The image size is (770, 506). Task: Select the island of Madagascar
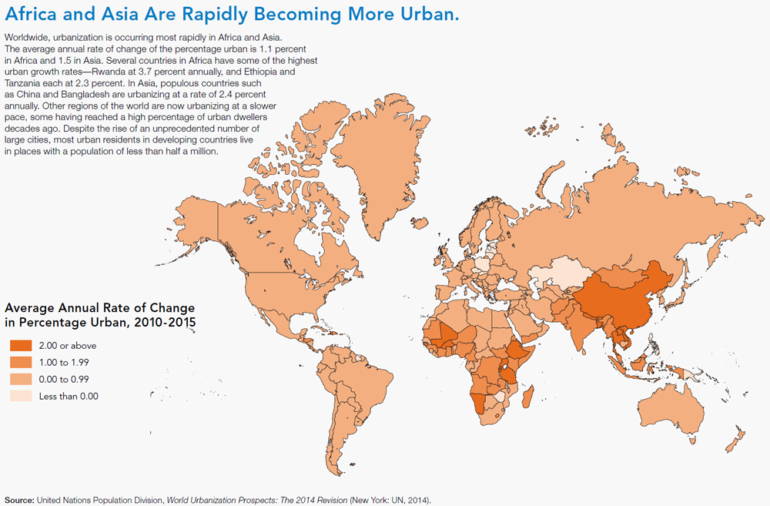(x=528, y=400)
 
